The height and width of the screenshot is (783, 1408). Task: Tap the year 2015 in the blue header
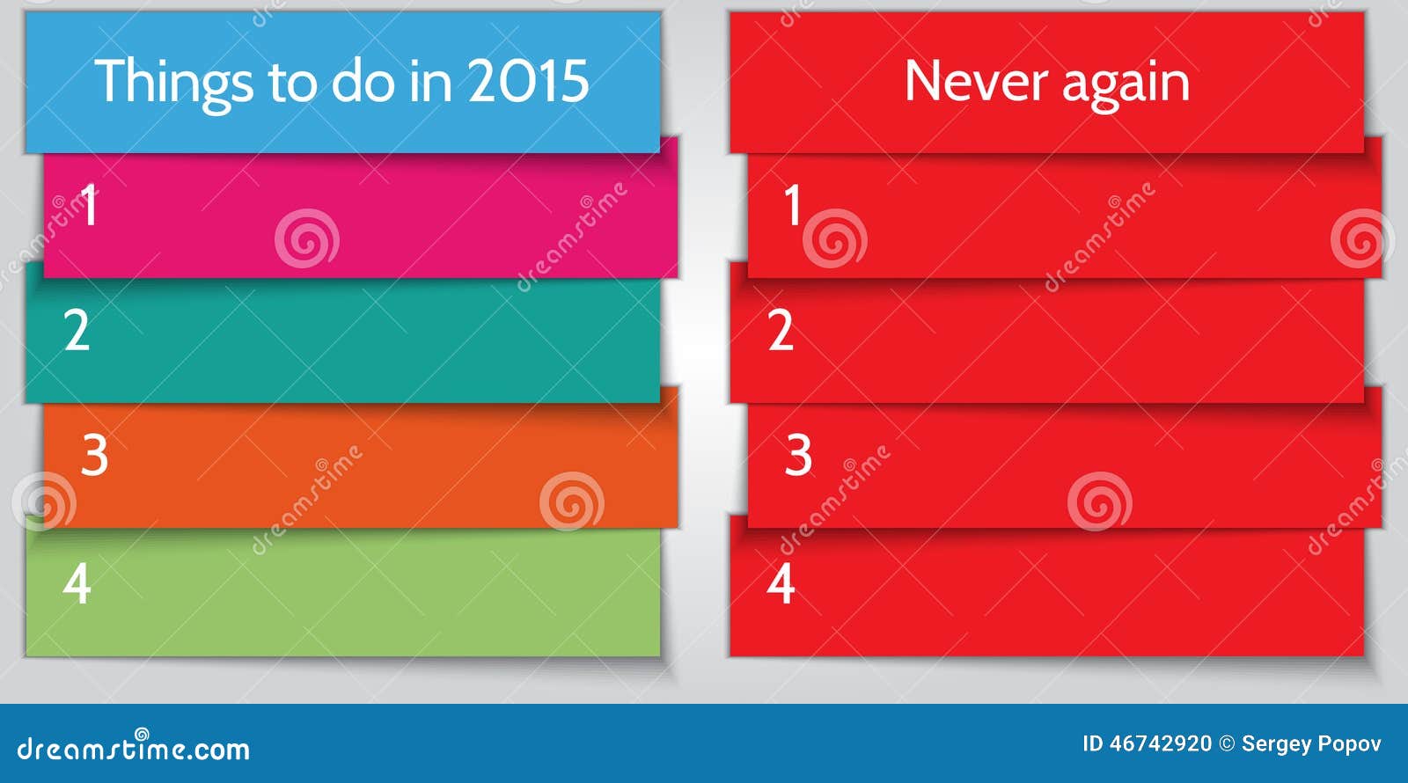tap(527, 82)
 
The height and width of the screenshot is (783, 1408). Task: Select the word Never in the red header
tap(976, 82)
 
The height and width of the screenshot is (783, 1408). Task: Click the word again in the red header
tap(1126, 84)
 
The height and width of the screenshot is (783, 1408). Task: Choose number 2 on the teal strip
tap(77, 331)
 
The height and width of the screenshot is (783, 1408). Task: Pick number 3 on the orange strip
tap(94, 455)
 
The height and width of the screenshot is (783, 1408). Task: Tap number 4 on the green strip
tap(77, 582)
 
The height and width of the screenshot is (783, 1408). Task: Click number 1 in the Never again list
tap(792, 205)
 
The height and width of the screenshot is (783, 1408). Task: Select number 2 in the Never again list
tap(781, 331)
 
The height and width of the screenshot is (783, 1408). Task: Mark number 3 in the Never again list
tap(798, 455)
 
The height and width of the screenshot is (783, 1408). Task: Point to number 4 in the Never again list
tap(781, 582)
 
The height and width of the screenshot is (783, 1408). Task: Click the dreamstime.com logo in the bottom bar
tap(133, 748)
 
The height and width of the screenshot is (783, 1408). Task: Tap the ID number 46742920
tap(1160, 744)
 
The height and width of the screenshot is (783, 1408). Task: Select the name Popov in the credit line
tap(1349, 744)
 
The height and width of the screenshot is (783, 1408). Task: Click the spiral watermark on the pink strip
tap(306, 238)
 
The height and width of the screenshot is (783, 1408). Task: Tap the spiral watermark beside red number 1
tap(834, 238)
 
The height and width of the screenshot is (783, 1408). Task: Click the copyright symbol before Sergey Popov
tap(1227, 744)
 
